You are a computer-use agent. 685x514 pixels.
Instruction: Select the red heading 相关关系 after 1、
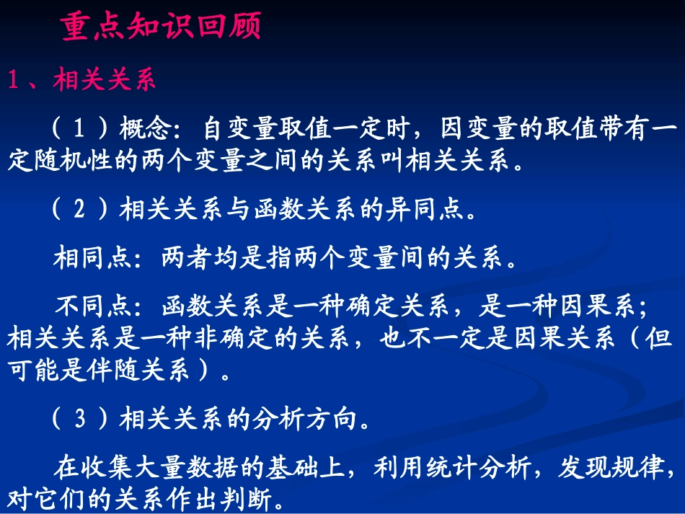point(104,80)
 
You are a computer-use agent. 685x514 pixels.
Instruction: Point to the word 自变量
point(239,129)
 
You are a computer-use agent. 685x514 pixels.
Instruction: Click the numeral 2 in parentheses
point(81,210)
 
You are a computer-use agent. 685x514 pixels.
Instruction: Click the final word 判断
point(248,500)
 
